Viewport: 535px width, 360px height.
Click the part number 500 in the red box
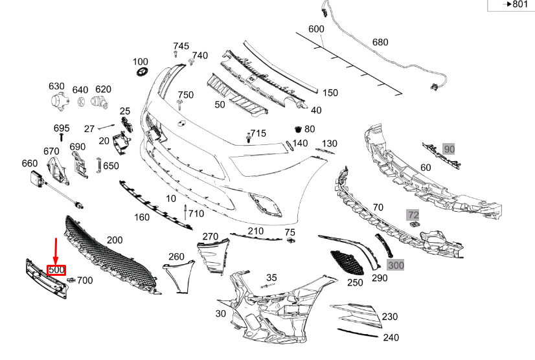[x=56, y=269]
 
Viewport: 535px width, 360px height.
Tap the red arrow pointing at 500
[x=56, y=250]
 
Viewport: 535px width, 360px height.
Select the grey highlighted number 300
[x=395, y=265]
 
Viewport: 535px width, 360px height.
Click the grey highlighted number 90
[x=450, y=150]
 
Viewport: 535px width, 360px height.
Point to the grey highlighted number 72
[x=413, y=213]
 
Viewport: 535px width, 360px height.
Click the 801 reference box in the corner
[x=515, y=5]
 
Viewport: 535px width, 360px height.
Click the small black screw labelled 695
[x=61, y=137]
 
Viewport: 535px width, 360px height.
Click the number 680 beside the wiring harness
[x=380, y=43]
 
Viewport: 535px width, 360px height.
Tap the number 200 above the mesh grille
[x=114, y=240]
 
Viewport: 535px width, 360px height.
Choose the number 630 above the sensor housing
[x=56, y=87]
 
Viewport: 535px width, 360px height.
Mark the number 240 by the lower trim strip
[x=391, y=337]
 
